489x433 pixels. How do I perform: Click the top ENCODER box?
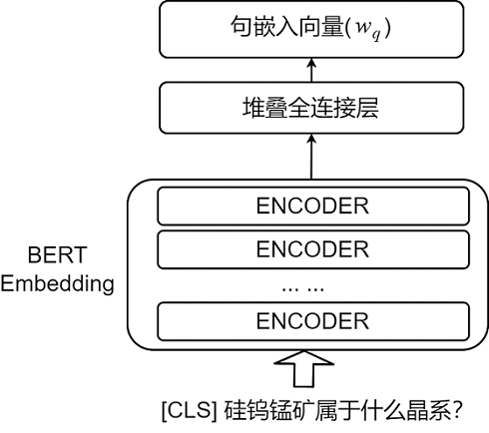coord(313,207)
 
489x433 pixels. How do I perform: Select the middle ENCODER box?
coord(313,249)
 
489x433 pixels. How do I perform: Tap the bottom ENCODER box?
coord(313,321)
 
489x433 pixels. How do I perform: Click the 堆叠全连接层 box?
coord(311,108)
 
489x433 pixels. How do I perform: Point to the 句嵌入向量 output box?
coord(311,29)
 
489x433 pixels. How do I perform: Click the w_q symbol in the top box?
coord(368,29)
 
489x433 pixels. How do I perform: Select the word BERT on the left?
coord(57,255)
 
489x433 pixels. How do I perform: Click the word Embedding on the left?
coord(57,284)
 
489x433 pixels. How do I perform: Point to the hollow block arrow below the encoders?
coord(303,368)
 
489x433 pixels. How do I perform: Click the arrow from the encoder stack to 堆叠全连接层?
coord(311,157)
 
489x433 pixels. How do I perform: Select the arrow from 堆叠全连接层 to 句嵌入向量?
coord(311,70)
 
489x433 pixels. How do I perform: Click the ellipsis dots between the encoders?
coord(302,289)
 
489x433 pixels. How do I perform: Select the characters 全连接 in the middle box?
coord(310,108)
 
